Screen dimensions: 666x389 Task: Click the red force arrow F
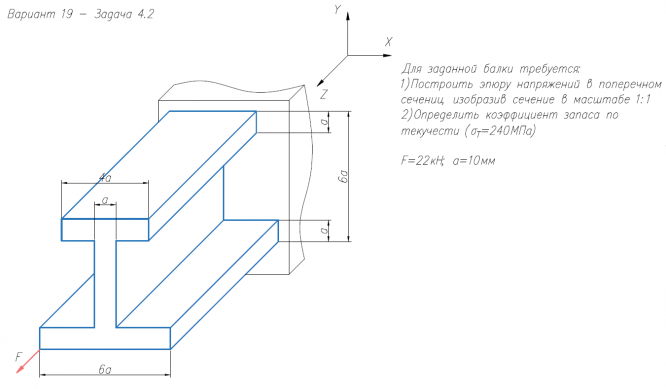pyautogui.click(x=28, y=361)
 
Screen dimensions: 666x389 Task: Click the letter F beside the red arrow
pyautogui.click(x=19, y=357)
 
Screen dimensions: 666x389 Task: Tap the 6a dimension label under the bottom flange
pyautogui.click(x=104, y=369)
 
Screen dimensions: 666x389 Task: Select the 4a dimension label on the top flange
pyautogui.click(x=104, y=178)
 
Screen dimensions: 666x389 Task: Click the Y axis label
pyautogui.click(x=337, y=9)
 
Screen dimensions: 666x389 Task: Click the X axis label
pyautogui.click(x=388, y=42)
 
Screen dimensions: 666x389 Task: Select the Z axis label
pyautogui.click(x=324, y=94)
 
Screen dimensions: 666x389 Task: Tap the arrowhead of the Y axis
pyautogui.click(x=348, y=16)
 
